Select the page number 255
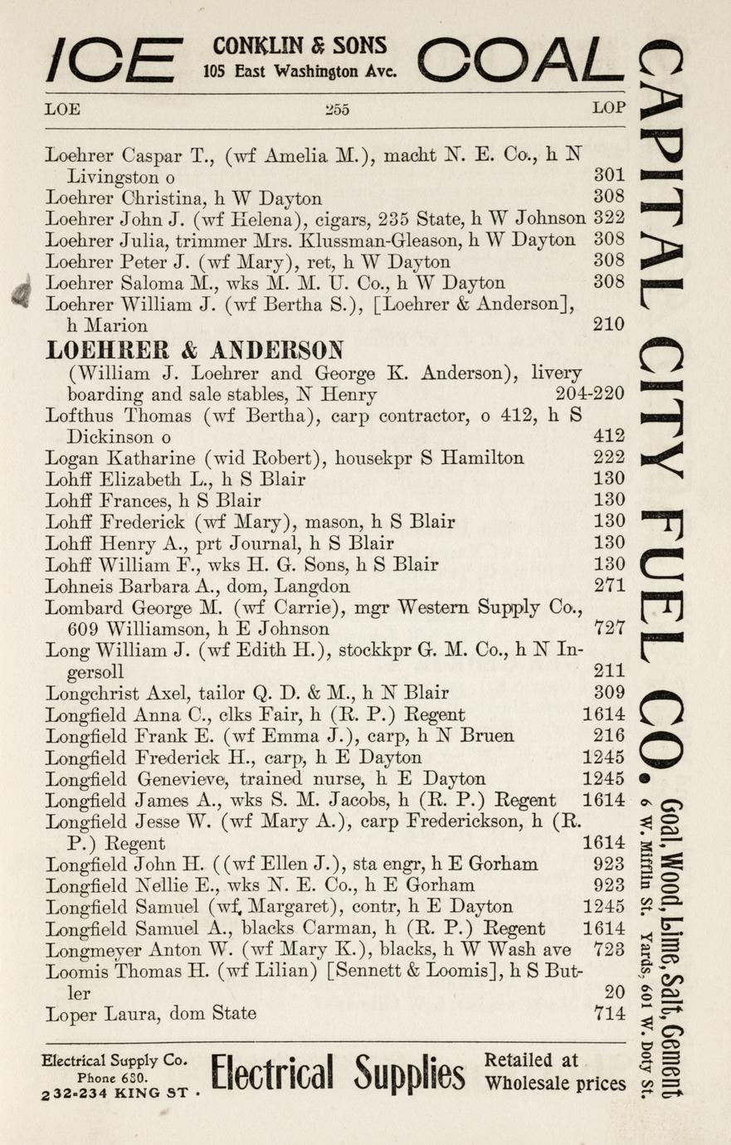[x=336, y=109]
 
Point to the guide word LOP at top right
[x=608, y=108]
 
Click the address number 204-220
[x=590, y=394]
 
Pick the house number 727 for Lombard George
[x=610, y=628]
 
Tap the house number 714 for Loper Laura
[x=610, y=1013]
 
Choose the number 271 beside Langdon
[x=610, y=586]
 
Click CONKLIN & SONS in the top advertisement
[x=300, y=46]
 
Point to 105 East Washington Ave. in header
[x=300, y=71]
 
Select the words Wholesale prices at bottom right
[x=555, y=1084]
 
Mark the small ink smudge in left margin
[x=22, y=295]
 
